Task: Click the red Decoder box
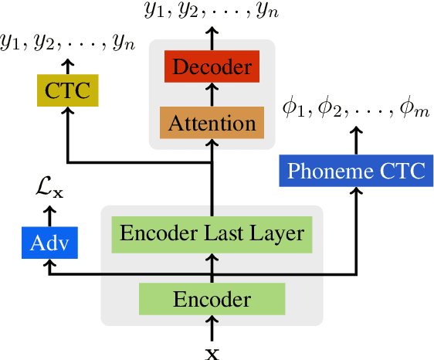click(212, 67)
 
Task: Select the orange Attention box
click(212, 122)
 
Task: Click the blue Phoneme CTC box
click(356, 170)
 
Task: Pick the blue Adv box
click(49, 244)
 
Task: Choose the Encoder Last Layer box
click(212, 233)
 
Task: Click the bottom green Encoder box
click(212, 299)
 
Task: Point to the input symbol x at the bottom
click(212, 353)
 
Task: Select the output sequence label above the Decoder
click(212, 11)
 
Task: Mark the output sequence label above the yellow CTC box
click(68, 42)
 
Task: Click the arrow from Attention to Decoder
click(212, 94)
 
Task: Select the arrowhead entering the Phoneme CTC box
click(357, 192)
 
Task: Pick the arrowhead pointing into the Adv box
click(49, 264)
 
